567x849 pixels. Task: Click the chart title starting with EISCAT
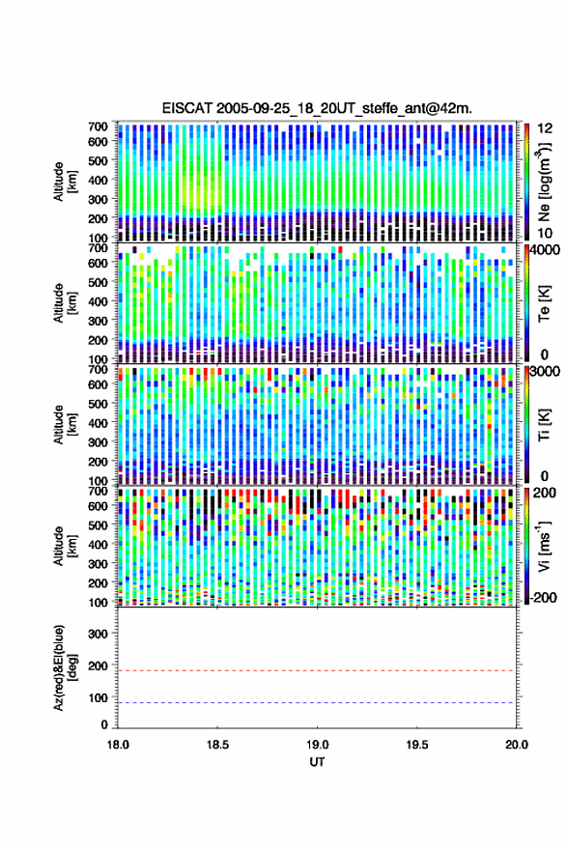pyautogui.click(x=317, y=108)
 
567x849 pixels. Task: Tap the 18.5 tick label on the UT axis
pyautogui.click(x=217, y=745)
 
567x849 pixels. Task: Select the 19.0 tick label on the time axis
pyautogui.click(x=318, y=745)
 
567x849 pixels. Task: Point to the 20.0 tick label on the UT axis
pyautogui.click(x=517, y=745)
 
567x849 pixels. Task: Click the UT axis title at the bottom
pyautogui.click(x=318, y=762)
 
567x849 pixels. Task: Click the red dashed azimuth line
pyautogui.click(x=316, y=670)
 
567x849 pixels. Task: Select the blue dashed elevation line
pyautogui.click(x=316, y=703)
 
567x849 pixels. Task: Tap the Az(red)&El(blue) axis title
pyautogui.click(x=65, y=667)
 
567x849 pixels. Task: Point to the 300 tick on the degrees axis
pyautogui.click(x=98, y=634)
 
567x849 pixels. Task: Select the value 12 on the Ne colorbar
pyautogui.click(x=546, y=128)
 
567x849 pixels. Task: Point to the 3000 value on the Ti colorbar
pyautogui.click(x=546, y=371)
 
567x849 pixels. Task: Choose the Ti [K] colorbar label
pyautogui.click(x=544, y=425)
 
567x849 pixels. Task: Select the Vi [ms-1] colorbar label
pyautogui.click(x=543, y=546)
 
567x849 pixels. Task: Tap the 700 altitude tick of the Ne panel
pyautogui.click(x=98, y=127)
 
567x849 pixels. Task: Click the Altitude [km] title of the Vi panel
pyautogui.click(x=65, y=546)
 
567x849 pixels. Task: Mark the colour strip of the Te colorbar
pyautogui.click(x=526, y=303)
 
